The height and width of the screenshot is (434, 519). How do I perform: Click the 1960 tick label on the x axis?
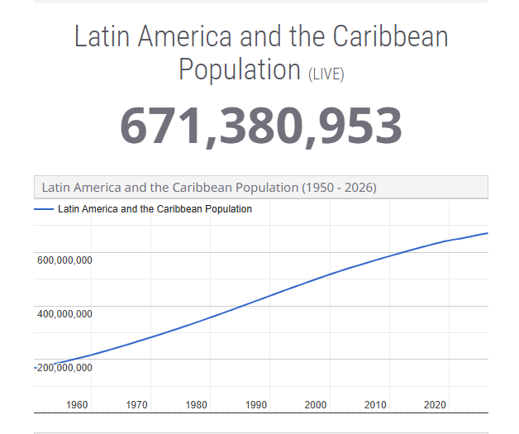77,405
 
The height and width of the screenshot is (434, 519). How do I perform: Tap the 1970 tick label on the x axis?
137,405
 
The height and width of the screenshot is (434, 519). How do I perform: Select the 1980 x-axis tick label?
197,405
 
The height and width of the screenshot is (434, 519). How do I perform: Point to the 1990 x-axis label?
256,405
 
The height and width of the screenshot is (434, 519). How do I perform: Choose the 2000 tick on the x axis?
316,405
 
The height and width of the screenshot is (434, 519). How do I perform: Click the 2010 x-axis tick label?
375,405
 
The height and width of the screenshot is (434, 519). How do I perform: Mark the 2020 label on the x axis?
435,405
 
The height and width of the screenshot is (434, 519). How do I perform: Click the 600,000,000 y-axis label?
64,260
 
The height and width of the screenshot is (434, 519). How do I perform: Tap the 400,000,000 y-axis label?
64,314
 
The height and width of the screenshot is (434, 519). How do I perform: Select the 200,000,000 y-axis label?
64,368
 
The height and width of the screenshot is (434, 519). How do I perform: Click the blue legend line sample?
44,209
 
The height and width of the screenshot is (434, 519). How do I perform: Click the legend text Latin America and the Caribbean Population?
155,209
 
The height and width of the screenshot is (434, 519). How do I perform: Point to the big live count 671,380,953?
261,126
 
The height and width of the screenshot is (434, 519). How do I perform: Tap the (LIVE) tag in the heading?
326,74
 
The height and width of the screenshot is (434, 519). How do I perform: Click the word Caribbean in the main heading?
390,37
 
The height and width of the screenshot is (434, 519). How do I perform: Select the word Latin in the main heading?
102,37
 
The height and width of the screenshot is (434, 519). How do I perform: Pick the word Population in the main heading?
240,69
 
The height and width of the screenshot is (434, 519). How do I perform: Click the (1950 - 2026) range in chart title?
339,188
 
